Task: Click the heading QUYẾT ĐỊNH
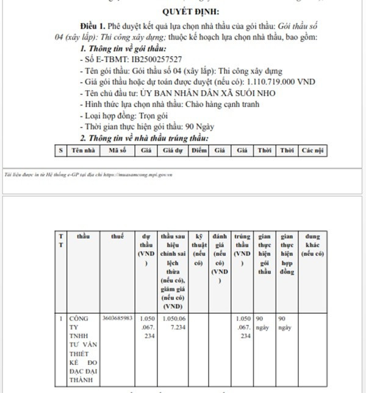tap(192, 12)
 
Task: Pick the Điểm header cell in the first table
tap(199, 150)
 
